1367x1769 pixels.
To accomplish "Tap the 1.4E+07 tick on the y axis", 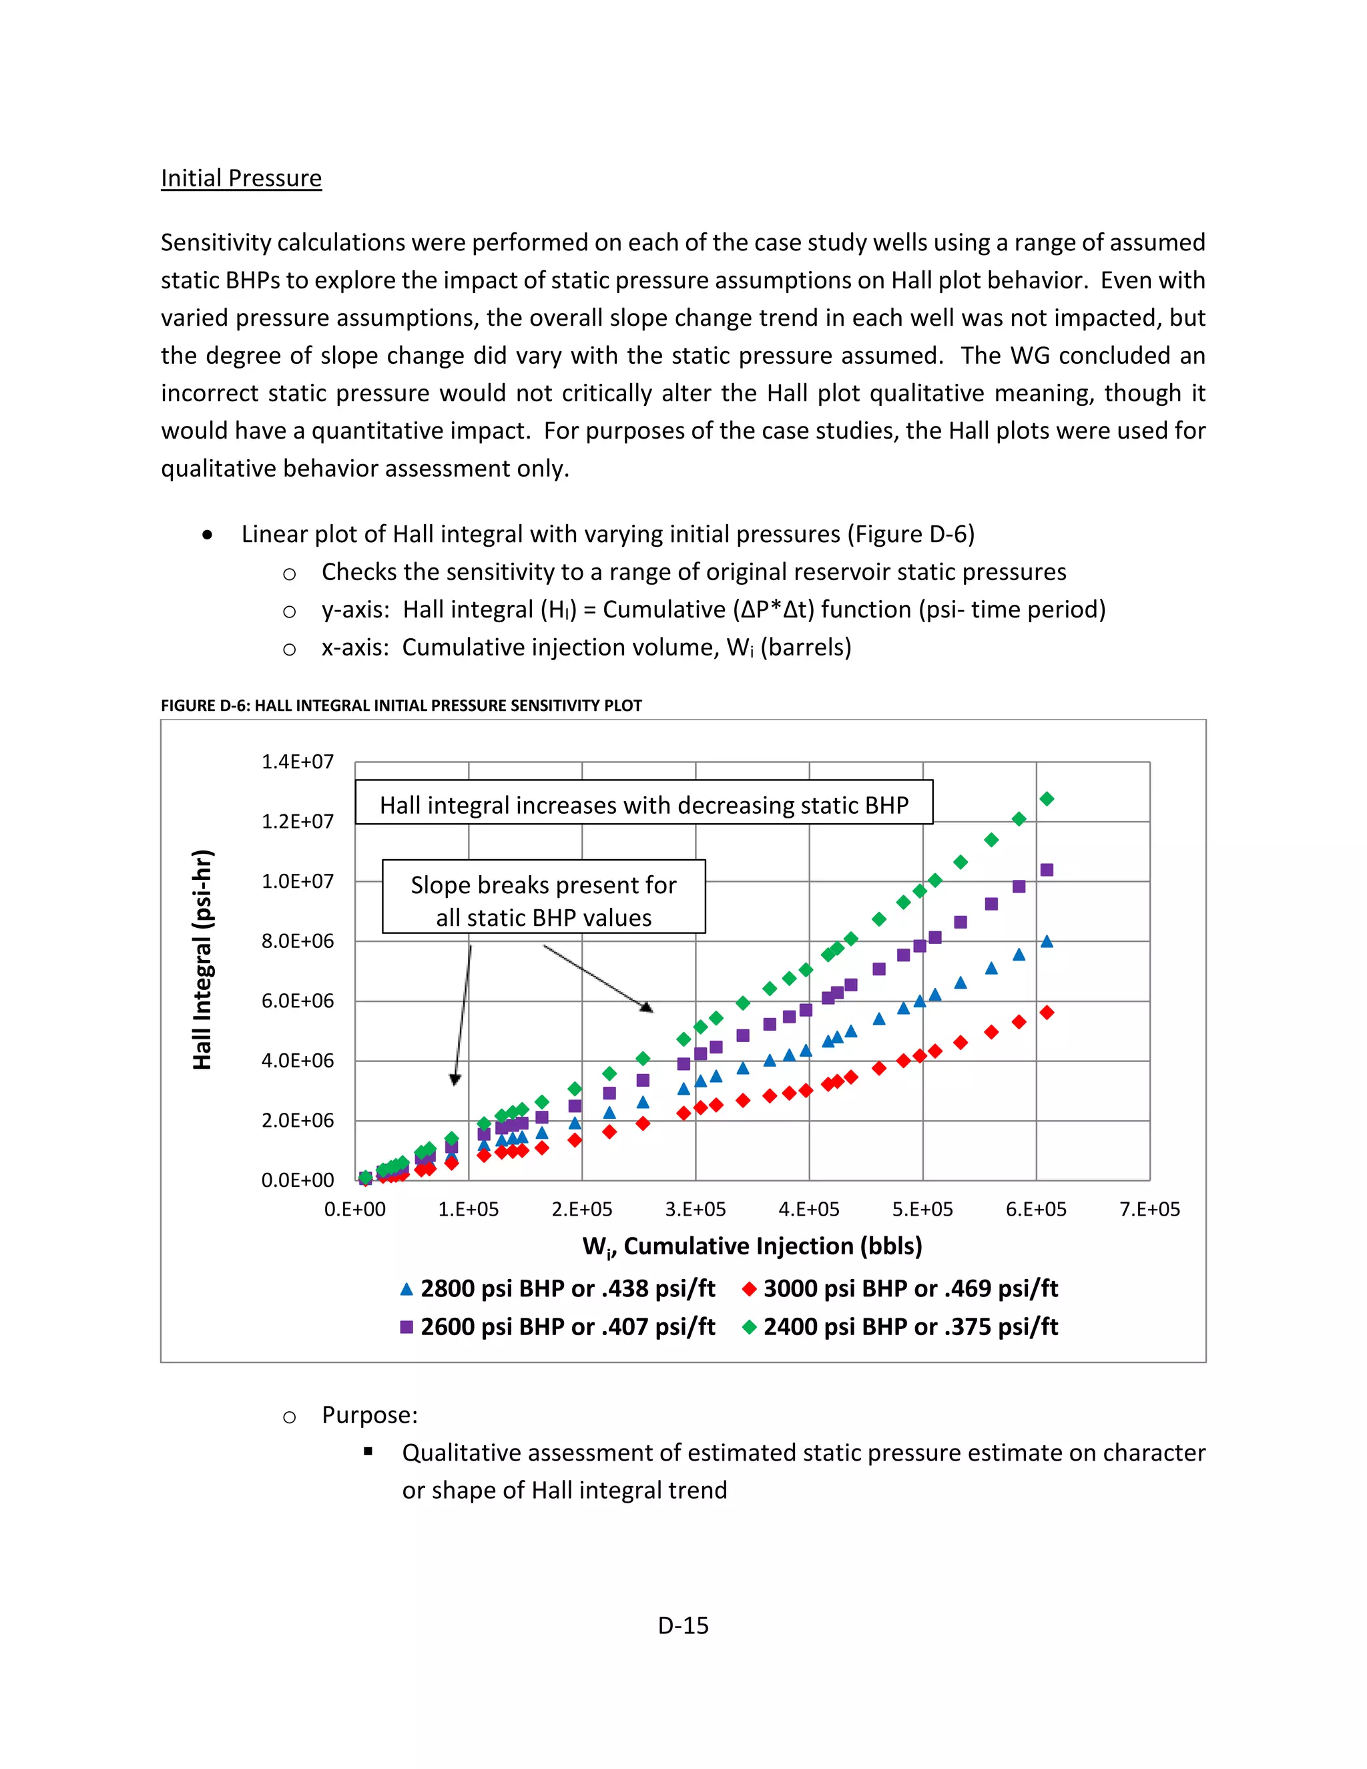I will pyautogui.click(x=297, y=762).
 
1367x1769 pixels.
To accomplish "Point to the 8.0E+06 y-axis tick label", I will pyautogui.click(x=297, y=941).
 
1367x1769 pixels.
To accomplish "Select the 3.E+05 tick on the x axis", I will pyautogui.click(x=695, y=1210).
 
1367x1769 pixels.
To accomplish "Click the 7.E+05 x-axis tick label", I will pyautogui.click(x=1149, y=1210).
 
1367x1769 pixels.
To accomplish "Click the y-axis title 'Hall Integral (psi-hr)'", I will pyautogui.click(x=202, y=960).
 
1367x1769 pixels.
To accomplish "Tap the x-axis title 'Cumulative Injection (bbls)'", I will pyautogui.click(x=752, y=1246).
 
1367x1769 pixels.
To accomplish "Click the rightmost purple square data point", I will pyautogui.click(x=1047, y=870).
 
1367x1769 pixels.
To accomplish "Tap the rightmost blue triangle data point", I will pyautogui.click(x=1047, y=941).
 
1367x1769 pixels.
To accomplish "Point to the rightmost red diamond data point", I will pyautogui.click(x=1047, y=1013).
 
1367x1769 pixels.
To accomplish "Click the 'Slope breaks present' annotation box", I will pyautogui.click(x=543, y=897).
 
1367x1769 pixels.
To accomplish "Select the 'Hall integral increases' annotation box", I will pyautogui.click(x=644, y=802).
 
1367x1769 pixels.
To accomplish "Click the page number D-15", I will pyautogui.click(x=683, y=1625).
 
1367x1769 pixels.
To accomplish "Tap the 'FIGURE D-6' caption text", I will pyautogui.click(x=401, y=706).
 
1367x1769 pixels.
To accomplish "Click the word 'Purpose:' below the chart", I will pyautogui.click(x=369, y=1415).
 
